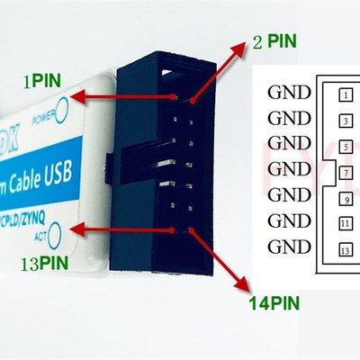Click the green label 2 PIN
(x=273, y=41)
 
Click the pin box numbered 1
(x=346, y=92)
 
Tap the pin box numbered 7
(x=346, y=169)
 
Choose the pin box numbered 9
(x=346, y=195)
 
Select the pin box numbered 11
(x=346, y=220)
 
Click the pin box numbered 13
(x=346, y=247)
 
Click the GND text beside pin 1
(x=289, y=92)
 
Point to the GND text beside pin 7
(x=289, y=168)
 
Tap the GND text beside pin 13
(x=289, y=247)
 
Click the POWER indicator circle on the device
(x=64, y=115)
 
